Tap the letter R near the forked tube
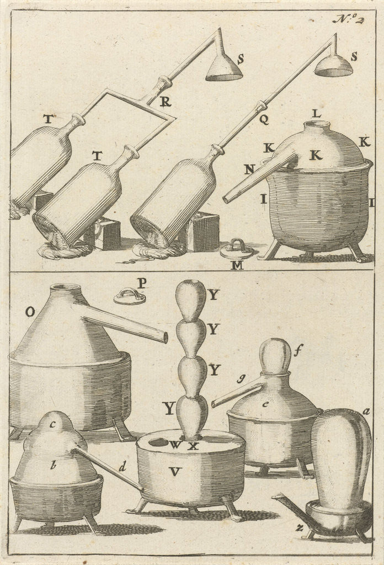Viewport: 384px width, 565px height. (165, 102)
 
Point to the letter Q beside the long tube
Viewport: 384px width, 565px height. (264, 118)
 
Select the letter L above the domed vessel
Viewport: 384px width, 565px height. (316, 113)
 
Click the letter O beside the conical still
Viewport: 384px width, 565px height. (30, 312)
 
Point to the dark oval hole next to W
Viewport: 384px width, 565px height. (158, 442)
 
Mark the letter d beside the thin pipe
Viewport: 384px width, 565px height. (122, 467)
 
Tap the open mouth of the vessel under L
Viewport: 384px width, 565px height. (316, 125)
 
